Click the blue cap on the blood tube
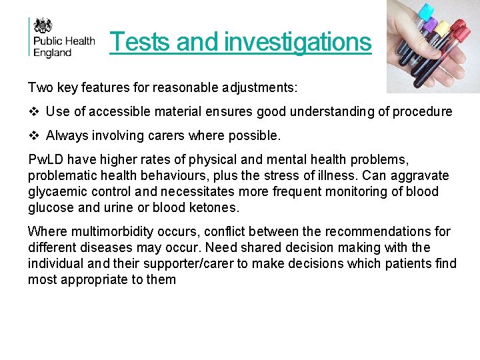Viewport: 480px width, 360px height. [x=426, y=12]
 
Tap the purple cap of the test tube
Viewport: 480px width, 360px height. [x=431, y=25]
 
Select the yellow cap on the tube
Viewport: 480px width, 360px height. [x=442, y=29]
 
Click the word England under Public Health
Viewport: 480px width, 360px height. [x=53, y=52]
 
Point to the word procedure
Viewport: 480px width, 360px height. [x=421, y=111]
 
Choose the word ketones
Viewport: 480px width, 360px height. [x=214, y=208]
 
